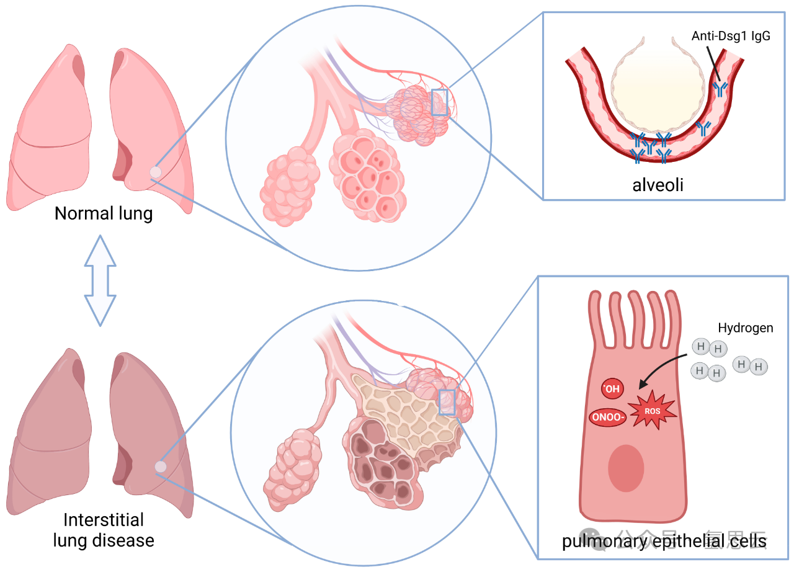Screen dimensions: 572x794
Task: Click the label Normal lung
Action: click(x=104, y=214)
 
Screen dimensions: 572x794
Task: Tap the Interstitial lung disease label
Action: click(x=104, y=529)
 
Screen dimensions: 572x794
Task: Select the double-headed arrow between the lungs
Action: click(x=100, y=280)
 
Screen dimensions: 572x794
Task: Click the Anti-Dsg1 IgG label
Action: click(x=731, y=36)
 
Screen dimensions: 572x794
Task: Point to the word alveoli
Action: click(x=657, y=184)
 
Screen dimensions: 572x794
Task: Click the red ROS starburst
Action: click(x=651, y=411)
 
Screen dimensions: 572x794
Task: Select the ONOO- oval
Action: click(x=607, y=417)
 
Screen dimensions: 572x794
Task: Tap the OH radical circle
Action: click(x=612, y=389)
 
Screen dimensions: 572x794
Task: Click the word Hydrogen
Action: click(x=745, y=328)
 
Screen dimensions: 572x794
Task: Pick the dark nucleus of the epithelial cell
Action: click(x=626, y=468)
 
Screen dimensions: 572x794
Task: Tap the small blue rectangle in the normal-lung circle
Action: click(x=439, y=102)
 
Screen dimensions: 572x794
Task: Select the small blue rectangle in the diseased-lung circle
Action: click(x=447, y=401)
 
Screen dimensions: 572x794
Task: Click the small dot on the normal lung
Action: click(x=156, y=172)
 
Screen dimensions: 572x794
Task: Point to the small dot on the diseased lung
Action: click(x=161, y=467)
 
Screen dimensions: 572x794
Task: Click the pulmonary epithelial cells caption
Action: click(x=664, y=542)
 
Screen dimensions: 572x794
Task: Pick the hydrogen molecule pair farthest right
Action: click(x=749, y=365)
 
